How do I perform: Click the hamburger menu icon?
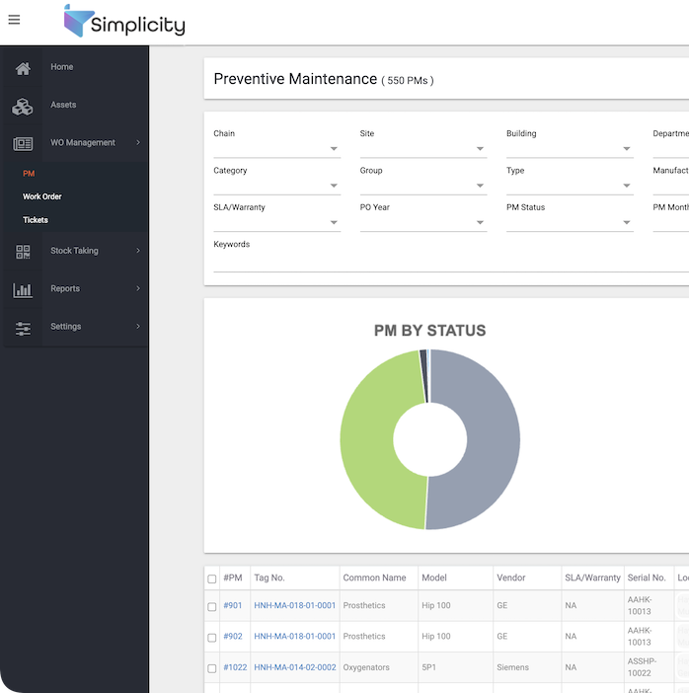pos(14,20)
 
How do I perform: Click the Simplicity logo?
pos(123,22)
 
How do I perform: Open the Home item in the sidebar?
pos(61,67)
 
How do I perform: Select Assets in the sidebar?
pos(63,105)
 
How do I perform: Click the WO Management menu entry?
pos(82,143)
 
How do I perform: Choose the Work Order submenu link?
pos(42,196)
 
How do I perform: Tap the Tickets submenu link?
pos(36,220)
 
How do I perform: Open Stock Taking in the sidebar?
pos(74,251)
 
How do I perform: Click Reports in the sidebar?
pos(65,288)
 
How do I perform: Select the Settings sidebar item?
pos(66,327)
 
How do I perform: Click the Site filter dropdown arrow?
pos(481,150)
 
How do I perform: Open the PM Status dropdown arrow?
pos(627,223)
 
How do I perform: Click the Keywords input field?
pos(444,262)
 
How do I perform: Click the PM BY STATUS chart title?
pos(429,331)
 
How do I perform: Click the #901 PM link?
pos(233,606)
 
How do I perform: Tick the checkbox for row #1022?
pos(212,668)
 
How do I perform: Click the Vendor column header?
pos(511,578)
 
